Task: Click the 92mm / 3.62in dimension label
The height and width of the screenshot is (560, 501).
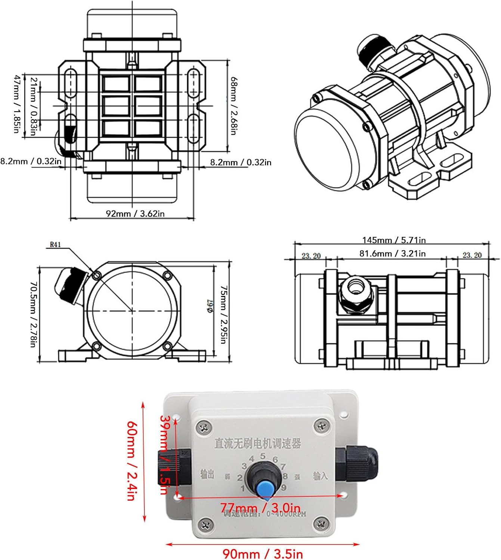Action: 135,214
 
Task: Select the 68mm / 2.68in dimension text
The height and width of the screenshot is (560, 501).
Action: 234,106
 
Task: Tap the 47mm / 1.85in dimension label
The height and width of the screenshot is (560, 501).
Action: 17,104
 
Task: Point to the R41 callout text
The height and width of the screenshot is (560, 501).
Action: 55,245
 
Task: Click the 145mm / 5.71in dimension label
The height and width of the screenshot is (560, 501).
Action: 394,240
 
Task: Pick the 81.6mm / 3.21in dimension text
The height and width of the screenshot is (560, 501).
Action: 392,253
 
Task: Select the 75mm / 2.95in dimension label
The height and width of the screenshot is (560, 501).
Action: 223,315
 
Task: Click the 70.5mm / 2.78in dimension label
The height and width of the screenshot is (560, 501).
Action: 33,314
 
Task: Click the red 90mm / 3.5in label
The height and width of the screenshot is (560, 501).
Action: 263,554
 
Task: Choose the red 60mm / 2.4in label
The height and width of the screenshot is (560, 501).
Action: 131,461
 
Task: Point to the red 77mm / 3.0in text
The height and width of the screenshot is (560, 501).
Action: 260,508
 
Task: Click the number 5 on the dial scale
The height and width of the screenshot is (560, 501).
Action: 263,456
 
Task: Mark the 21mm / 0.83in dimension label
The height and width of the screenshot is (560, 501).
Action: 34,106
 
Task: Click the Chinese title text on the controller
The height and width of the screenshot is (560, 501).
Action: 258,444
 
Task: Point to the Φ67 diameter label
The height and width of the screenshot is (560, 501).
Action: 210,305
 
